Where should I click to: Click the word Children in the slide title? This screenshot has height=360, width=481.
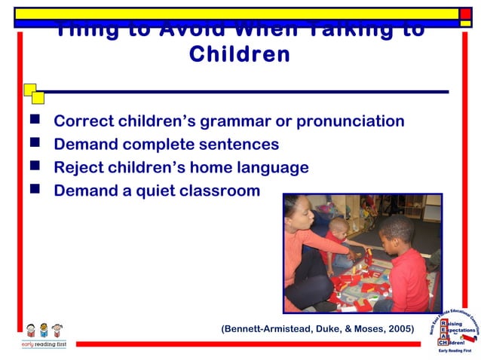pyautogui.click(x=240, y=55)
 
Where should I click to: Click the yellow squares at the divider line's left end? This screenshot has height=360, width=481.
pyautogui.click(x=33, y=93)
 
